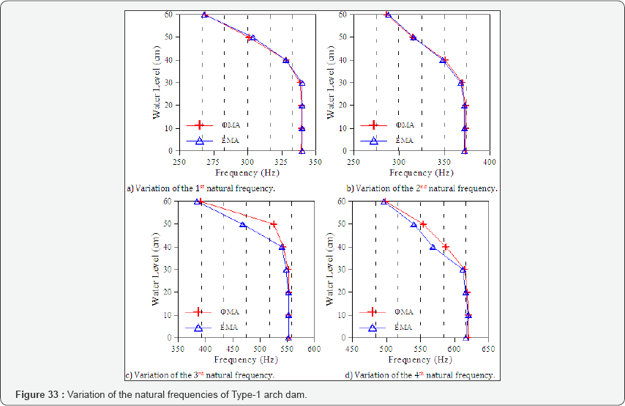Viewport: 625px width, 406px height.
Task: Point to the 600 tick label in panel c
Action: point(314,349)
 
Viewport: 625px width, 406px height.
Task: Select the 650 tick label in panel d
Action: point(487,349)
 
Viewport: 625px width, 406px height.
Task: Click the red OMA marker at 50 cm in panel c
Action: point(274,224)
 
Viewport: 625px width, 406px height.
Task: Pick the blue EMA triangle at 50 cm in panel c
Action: point(243,225)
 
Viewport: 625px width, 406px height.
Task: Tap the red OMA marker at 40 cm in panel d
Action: point(446,247)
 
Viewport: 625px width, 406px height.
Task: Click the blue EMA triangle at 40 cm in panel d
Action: point(433,247)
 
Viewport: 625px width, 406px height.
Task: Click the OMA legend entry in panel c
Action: point(226,312)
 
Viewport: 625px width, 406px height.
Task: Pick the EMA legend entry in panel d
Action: point(401,328)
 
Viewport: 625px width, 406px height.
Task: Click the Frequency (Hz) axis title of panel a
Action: point(244,173)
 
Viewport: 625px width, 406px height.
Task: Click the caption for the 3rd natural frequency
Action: point(201,375)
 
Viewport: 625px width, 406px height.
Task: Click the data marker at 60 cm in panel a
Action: point(205,15)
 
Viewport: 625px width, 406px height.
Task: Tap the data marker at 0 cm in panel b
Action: point(464,151)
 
